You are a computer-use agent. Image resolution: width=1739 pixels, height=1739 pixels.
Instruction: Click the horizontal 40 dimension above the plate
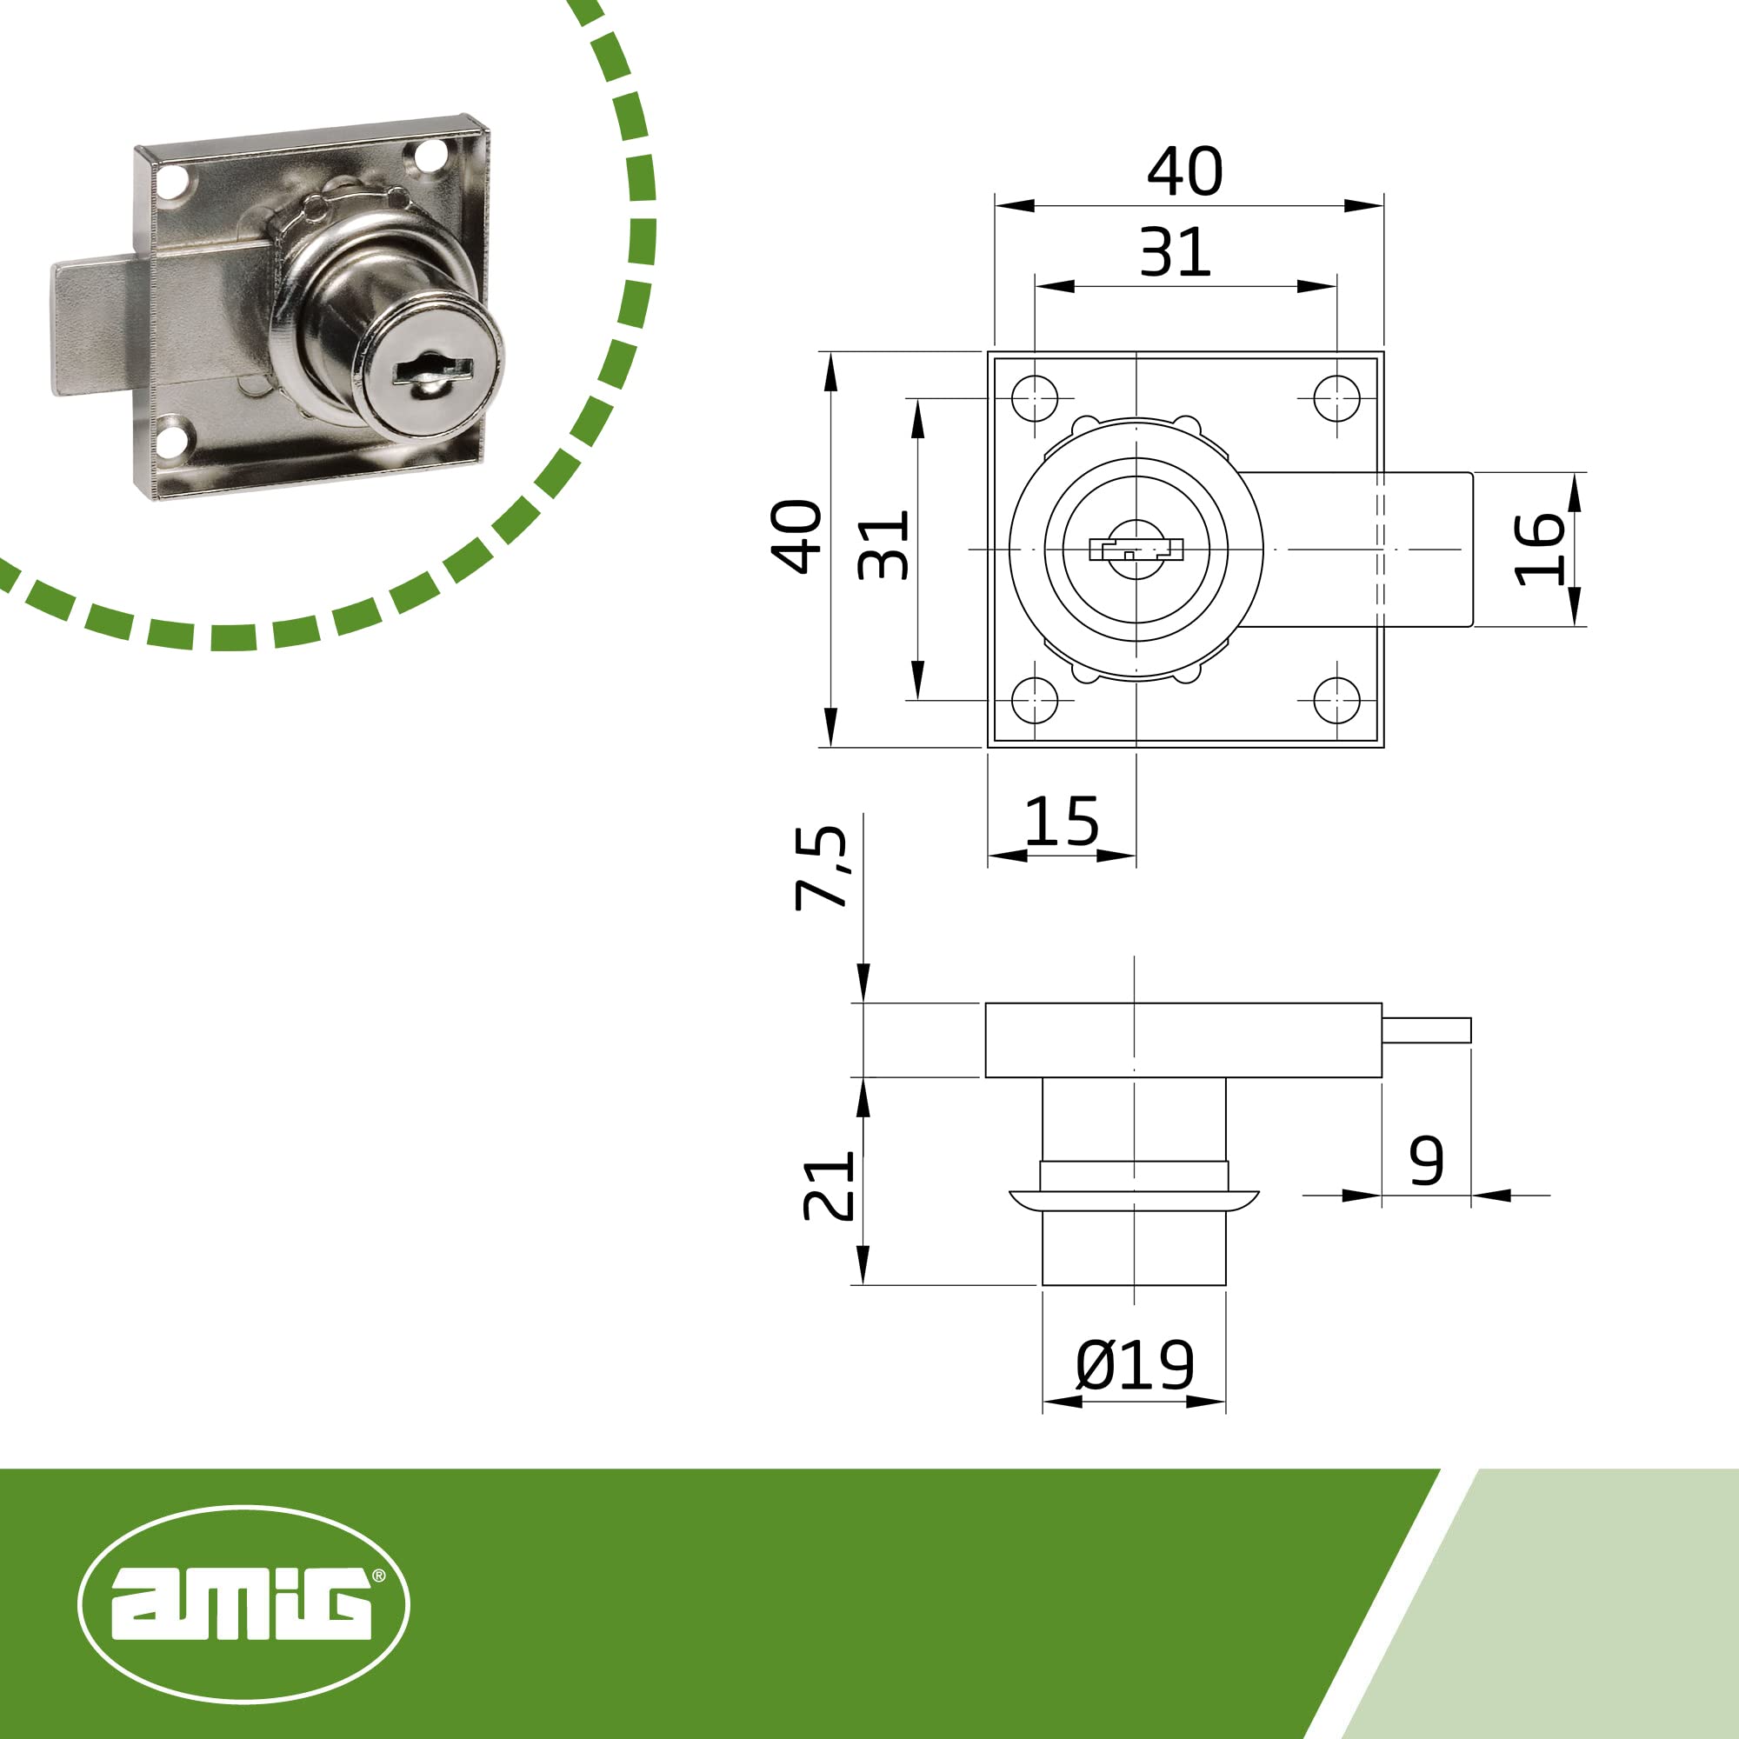click(1184, 171)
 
